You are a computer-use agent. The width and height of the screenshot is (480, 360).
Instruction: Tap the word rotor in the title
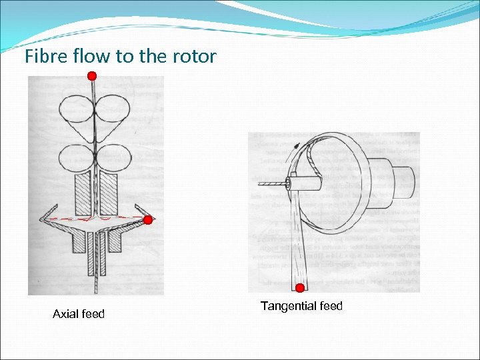click(197, 57)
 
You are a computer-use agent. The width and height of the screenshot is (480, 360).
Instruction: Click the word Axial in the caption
click(65, 314)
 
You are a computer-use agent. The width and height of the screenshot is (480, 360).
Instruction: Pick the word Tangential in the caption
click(288, 307)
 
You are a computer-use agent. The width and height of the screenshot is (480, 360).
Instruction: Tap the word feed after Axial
click(93, 314)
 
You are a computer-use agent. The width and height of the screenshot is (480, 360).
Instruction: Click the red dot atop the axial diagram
click(92, 76)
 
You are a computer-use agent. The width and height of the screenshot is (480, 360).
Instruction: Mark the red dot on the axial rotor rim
click(148, 219)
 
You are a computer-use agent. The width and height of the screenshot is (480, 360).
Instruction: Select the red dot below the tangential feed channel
click(300, 288)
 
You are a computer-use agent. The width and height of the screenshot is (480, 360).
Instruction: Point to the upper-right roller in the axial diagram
click(114, 109)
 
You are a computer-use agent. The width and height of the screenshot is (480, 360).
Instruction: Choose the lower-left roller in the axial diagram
click(77, 158)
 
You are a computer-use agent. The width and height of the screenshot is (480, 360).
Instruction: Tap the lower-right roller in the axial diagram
click(114, 158)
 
